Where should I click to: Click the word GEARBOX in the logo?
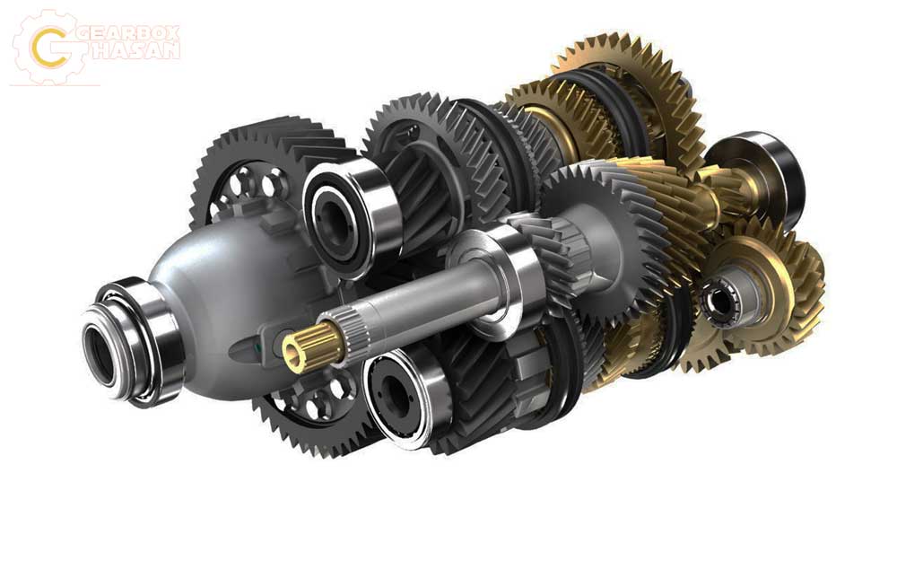click(x=127, y=33)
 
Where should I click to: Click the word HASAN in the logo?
click(x=135, y=50)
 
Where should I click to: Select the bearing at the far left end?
click(x=133, y=342)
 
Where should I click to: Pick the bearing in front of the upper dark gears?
click(x=349, y=215)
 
